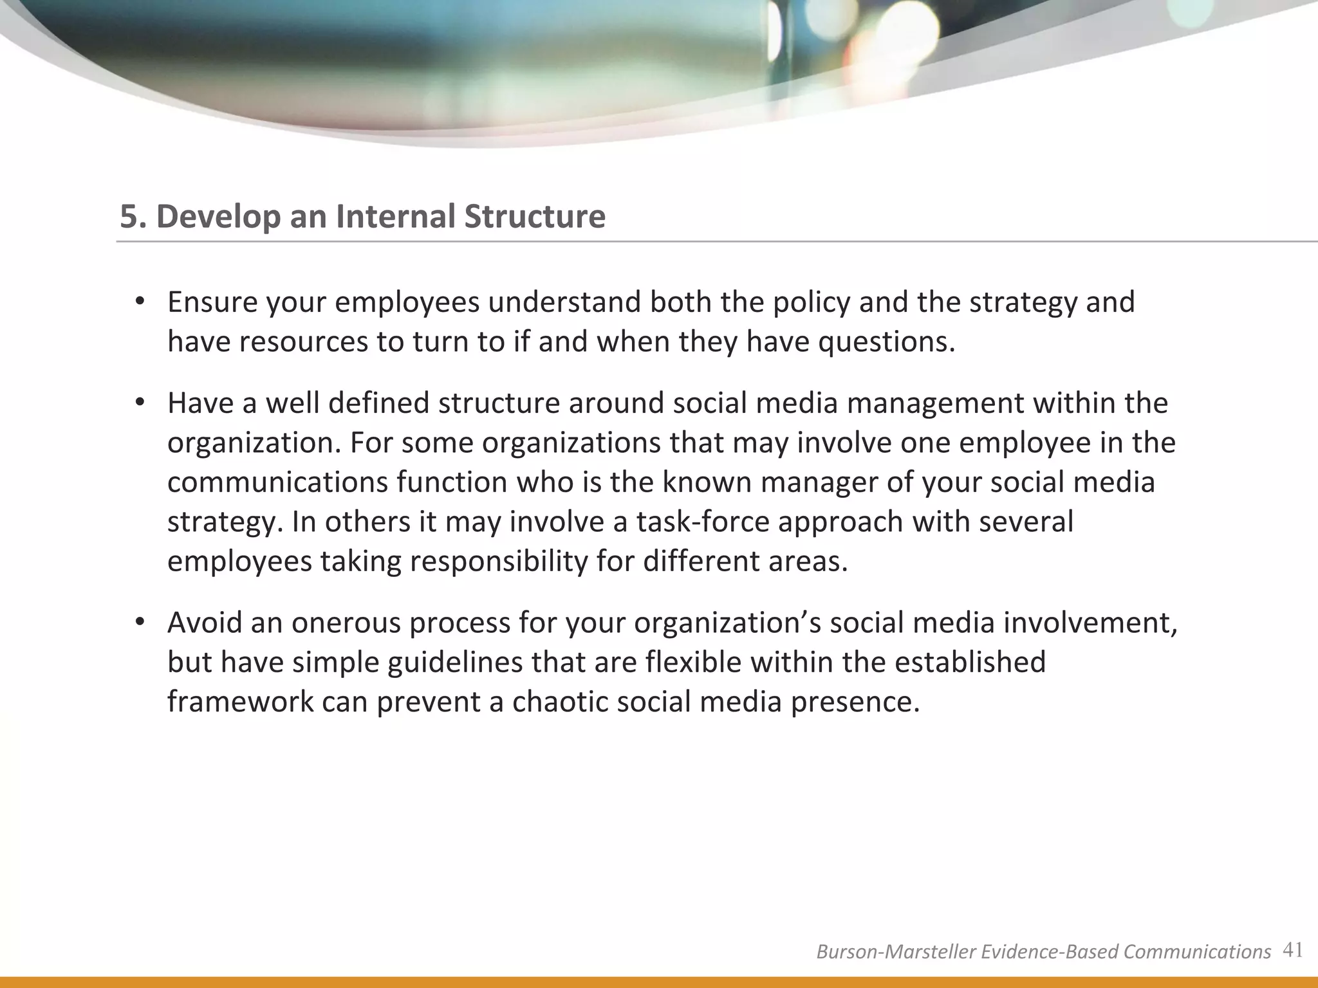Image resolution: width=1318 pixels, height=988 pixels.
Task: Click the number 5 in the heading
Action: coord(129,216)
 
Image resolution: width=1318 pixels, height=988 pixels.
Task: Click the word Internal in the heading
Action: coord(396,216)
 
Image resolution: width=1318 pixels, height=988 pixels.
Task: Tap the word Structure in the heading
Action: coord(535,216)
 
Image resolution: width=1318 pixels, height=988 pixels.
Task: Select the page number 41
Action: coord(1292,950)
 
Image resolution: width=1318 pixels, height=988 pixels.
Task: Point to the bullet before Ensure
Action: coord(138,302)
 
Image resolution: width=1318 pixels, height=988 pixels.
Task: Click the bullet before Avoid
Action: coord(138,623)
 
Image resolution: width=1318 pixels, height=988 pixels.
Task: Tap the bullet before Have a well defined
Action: coord(138,403)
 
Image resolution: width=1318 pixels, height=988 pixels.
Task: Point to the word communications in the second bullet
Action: coord(277,482)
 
